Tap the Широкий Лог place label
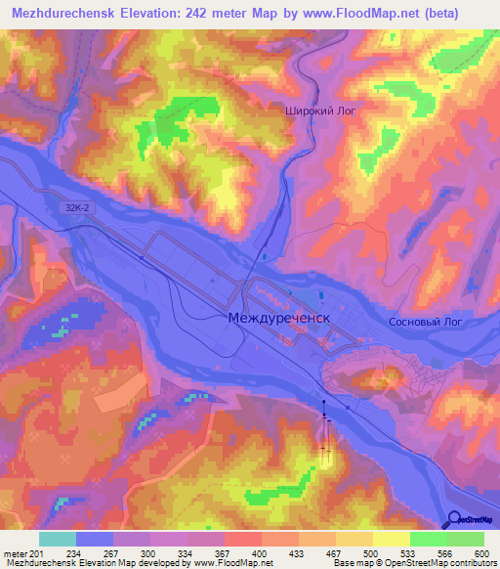pyautogui.click(x=320, y=111)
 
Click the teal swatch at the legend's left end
pyautogui.click(x=58, y=539)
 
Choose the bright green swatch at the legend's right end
pyautogui.click(x=466, y=539)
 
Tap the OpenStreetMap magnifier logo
pyautogui.click(x=454, y=519)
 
